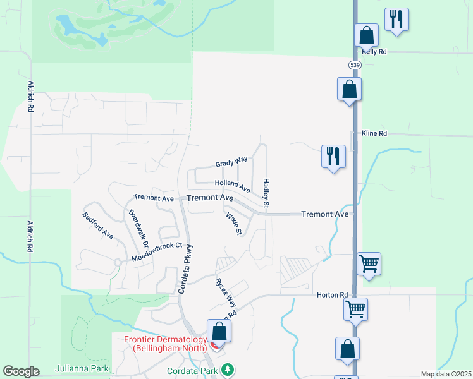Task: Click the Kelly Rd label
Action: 374,52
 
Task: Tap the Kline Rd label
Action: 374,134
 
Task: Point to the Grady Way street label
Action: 231,163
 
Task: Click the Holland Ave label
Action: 233,185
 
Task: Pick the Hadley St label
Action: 266,193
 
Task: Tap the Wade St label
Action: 234,224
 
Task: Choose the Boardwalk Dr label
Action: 138,229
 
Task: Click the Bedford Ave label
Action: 98,226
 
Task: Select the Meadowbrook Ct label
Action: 157,252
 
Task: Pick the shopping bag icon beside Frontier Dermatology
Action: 219,331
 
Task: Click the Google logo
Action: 21,371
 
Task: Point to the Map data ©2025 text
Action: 445,374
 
